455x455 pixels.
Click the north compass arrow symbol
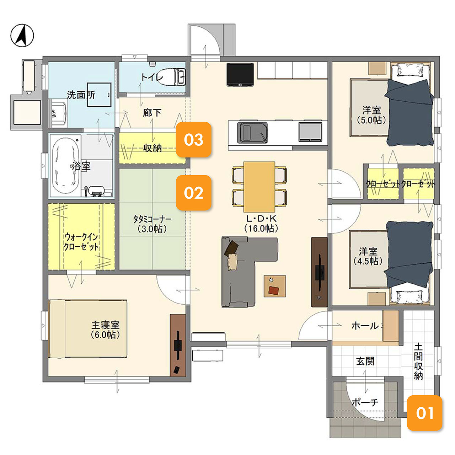(x=22, y=36)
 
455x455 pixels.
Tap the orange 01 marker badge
(x=424, y=413)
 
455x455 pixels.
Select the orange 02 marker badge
(x=194, y=193)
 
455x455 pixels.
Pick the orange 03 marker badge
(x=194, y=140)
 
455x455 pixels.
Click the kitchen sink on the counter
(x=252, y=133)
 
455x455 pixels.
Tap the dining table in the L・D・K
(x=259, y=187)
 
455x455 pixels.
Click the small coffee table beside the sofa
(x=275, y=286)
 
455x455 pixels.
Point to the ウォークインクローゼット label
(x=81, y=242)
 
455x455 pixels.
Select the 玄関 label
(x=365, y=361)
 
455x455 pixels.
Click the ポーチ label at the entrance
(x=365, y=402)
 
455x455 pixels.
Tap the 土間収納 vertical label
(x=418, y=362)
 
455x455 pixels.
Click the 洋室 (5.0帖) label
(x=371, y=115)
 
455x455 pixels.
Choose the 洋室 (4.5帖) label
(x=368, y=256)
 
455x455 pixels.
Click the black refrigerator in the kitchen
(x=240, y=75)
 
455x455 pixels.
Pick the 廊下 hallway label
(x=152, y=113)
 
